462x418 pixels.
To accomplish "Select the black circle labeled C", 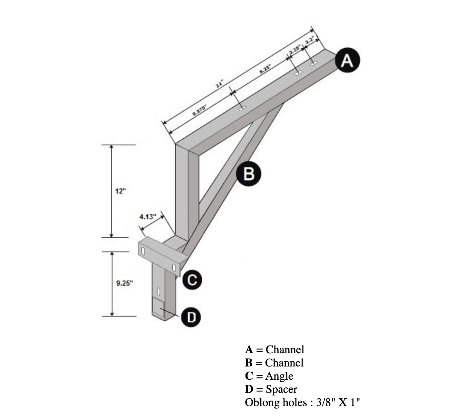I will tap(192, 280).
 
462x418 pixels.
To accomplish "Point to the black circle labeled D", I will tap(191, 317).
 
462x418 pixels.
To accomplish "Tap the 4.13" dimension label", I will tap(148, 216).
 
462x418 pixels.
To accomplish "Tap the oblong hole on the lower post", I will tap(158, 290).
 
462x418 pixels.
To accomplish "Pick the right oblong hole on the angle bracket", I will tap(174, 267).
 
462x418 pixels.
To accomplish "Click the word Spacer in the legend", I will tap(281, 389).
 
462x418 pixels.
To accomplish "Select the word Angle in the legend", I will tap(279, 376).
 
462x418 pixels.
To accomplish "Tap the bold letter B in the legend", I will tap(248, 363).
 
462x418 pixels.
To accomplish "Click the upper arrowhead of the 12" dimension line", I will tap(112, 147).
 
